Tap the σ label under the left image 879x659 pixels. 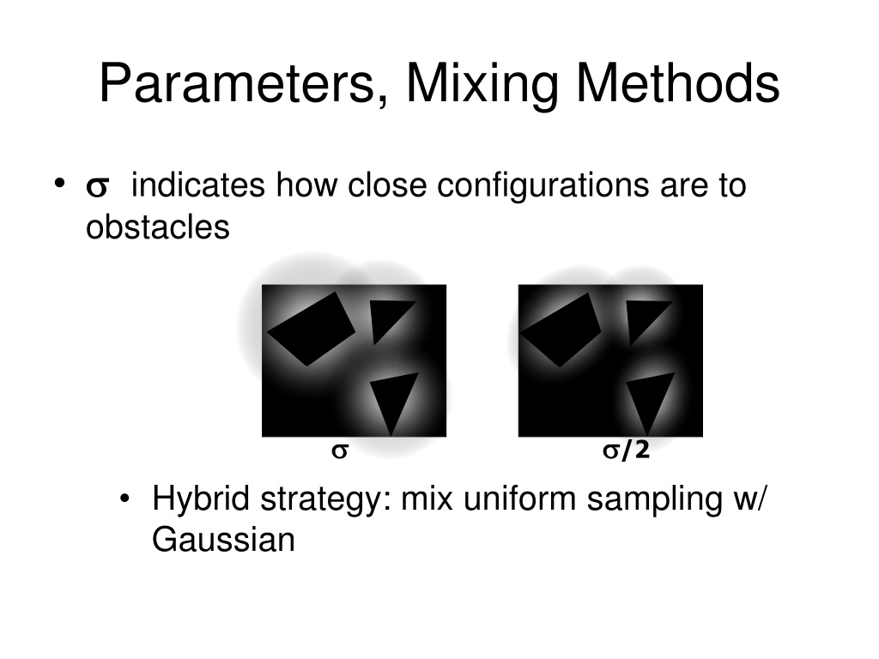(x=339, y=451)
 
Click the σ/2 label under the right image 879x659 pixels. (x=626, y=451)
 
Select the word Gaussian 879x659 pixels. (x=223, y=541)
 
